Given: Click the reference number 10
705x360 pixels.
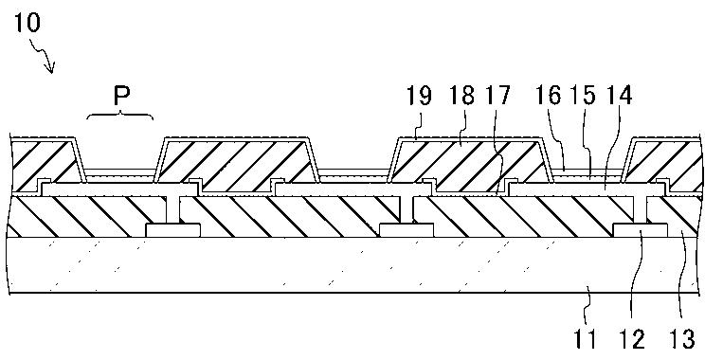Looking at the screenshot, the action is pyautogui.click(x=27, y=23).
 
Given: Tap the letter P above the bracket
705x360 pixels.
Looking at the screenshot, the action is pyautogui.click(x=120, y=96).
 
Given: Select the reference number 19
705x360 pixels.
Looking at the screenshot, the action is pyautogui.click(x=419, y=96).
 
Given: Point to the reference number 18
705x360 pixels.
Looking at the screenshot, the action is pyautogui.click(x=461, y=96).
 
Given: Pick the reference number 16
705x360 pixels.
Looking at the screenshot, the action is pyautogui.click(x=549, y=96).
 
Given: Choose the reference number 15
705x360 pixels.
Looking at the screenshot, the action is pyautogui.click(x=582, y=96).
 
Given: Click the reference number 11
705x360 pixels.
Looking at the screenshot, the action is pyautogui.click(x=585, y=338).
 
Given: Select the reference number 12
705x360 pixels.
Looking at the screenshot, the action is pyautogui.click(x=633, y=338).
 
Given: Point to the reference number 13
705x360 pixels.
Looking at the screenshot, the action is pyautogui.click(x=682, y=338).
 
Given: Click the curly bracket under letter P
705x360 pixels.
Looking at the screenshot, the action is pyautogui.click(x=119, y=115).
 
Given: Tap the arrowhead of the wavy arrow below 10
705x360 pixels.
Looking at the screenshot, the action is pyautogui.click(x=51, y=68).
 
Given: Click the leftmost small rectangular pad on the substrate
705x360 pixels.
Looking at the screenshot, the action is pyautogui.click(x=173, y=230).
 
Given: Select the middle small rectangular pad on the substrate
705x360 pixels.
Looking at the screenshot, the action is pyautogui.click(x=407, y=230).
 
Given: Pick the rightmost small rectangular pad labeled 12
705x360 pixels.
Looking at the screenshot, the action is pyautogui.click(x=640, y=230).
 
